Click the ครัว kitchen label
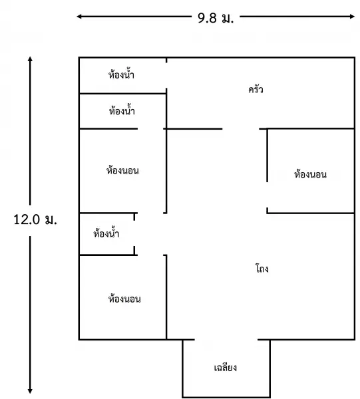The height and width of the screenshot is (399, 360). tap(256, 90)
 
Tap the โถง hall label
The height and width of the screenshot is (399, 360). tap(262, 268)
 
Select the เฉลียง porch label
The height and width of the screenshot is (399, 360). tap(226, 368)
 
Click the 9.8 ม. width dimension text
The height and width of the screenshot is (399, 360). tap(216, 18)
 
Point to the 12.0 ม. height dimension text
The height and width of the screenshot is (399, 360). tap(35, 219)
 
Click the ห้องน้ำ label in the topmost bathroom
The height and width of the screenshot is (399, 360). tap(121, 74)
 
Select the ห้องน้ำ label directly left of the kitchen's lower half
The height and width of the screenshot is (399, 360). tap(122, 110)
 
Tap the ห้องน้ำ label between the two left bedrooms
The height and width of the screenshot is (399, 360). tap(106, 233)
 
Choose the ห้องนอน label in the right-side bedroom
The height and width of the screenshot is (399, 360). tap(310, 174)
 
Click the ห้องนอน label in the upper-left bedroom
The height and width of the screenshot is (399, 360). tap(122, 170)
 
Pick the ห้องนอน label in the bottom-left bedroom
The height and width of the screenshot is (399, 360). tap(124, 298)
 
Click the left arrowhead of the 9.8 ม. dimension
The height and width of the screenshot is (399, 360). tap(79, 17)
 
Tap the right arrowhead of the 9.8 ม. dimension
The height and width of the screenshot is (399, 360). tap(352, 17)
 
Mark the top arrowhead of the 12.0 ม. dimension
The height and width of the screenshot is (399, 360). tap(30, 59)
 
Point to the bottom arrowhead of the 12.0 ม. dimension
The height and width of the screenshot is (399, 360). tap(30, 390)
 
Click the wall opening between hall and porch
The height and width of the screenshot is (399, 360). tap(226, 339)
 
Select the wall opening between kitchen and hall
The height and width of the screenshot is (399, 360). tap(241, 129)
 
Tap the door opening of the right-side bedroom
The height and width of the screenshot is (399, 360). tap(267, 195)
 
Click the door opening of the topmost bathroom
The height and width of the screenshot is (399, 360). tap(166, 75)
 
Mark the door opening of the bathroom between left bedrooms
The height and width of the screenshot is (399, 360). tap(134, 233)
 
